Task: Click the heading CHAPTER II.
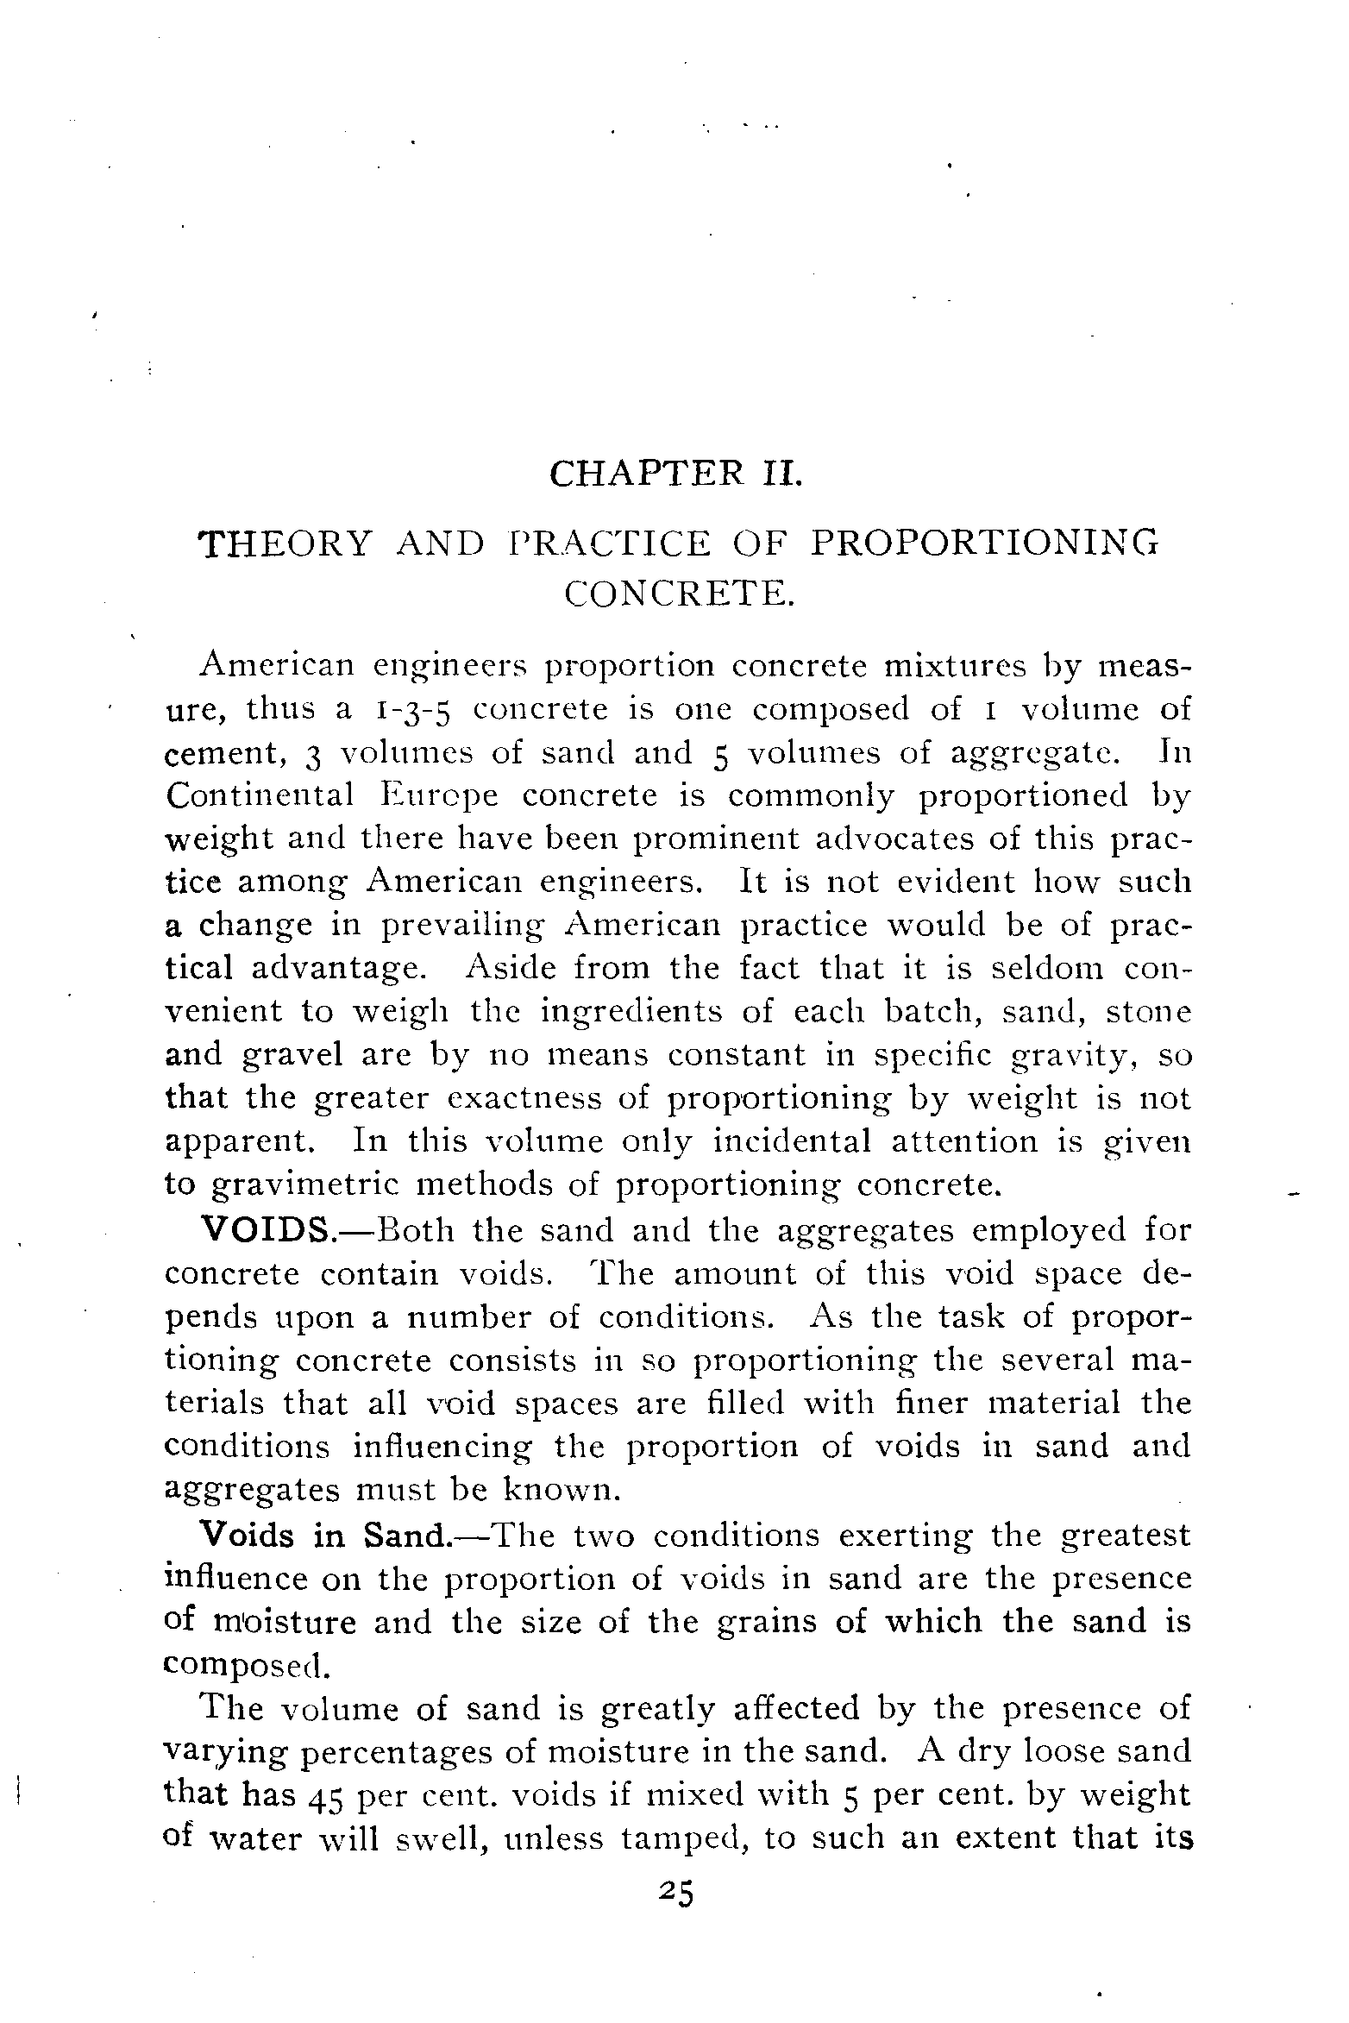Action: point(675,474)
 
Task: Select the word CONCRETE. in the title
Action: point(677,594)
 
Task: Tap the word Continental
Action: point(260,795)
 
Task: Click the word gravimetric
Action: point(305,1186)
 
